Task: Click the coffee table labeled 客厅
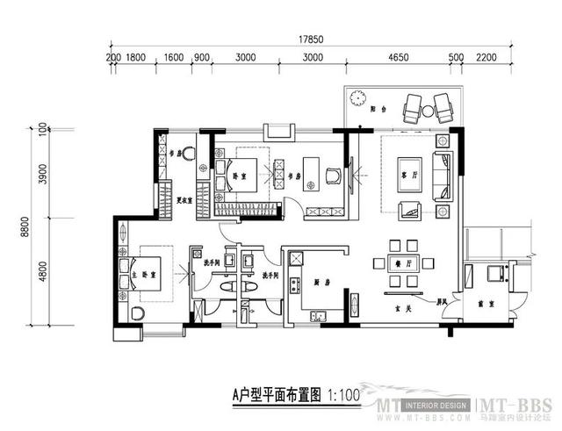tap(405, 169)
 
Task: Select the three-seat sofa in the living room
tap(443, 175)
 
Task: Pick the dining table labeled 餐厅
tap(405, 262)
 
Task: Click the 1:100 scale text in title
tap(345, 395)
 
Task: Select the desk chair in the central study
tap(333, 175)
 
